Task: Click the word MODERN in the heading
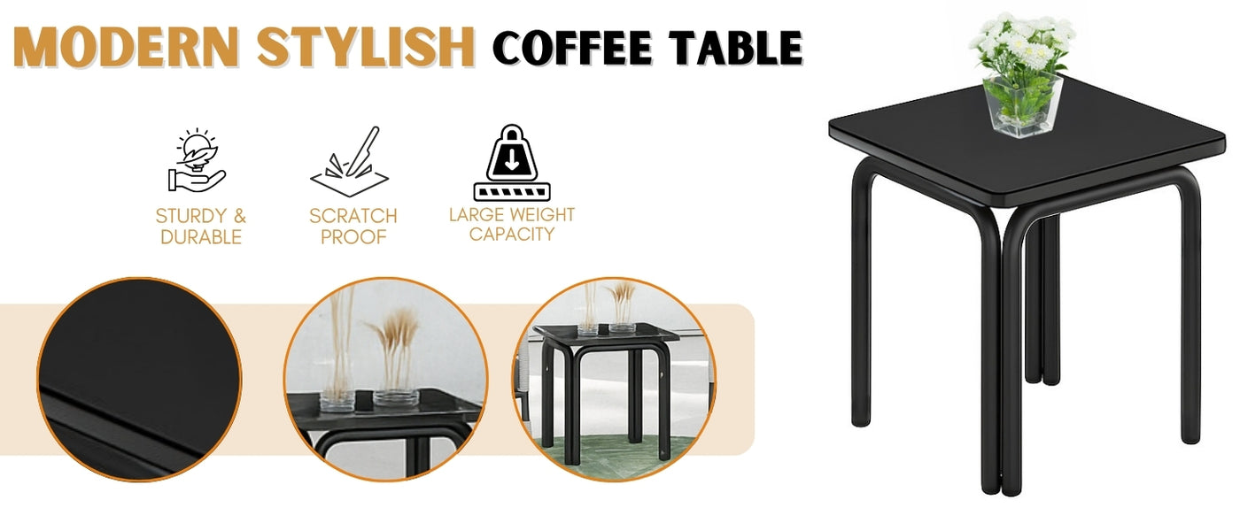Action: [127, 47]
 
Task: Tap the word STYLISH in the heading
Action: [366, 47]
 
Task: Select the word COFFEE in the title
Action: [573, 48]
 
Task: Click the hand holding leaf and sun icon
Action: [198, 161]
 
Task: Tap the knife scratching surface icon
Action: [351, 161]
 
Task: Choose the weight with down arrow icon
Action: [512, 162]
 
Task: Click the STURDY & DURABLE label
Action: [201, 226]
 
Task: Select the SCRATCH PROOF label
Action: [353, 226]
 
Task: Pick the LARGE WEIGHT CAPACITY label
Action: [512, 224]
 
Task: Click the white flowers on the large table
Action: [1024, 42]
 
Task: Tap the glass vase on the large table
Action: [1023, 106]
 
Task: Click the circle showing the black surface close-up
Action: [139, 380]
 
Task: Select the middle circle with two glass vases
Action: [386, 380]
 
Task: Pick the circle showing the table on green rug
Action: [614, 380]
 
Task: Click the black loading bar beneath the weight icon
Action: [512, 192]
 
